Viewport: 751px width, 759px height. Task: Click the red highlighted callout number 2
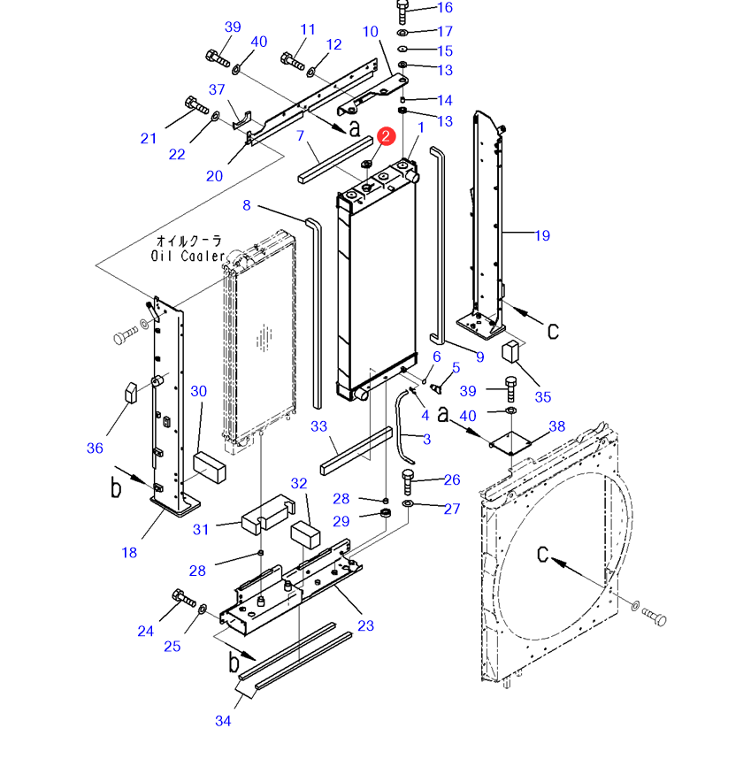(386, 135)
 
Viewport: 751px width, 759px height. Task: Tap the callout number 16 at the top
(444, 8)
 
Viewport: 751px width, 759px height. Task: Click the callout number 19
(542, 235)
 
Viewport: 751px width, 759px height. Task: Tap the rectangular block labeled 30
(211, 466)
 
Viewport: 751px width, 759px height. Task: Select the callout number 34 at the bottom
(223, 721)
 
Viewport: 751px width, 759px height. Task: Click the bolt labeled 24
(184, 599)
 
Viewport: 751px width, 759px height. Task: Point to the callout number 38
(556, 426)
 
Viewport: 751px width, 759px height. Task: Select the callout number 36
(95, 448)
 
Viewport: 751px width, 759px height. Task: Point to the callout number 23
(365, 625)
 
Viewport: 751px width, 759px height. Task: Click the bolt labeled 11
(291, 60)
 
